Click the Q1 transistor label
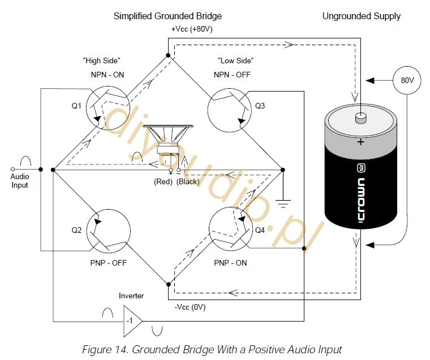pos(76,106)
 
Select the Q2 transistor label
pos(76,230)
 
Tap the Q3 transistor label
pos(260,106)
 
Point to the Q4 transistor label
pos(260,230)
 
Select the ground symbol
pos(283,204)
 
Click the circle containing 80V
pos(407,80)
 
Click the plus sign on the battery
pos(360,142)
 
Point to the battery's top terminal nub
pos(361,118)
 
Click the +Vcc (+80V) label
pos(192,29)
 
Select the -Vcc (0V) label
pos(190,307)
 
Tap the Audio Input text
pos(20,180)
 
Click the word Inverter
pos(131,296)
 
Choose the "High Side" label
pos(101,60)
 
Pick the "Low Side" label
pos(235,60)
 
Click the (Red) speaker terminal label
pos(163,181)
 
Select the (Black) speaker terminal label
pos(188,181)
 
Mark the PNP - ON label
pos(230,263)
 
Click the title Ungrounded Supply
pos(361,16)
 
